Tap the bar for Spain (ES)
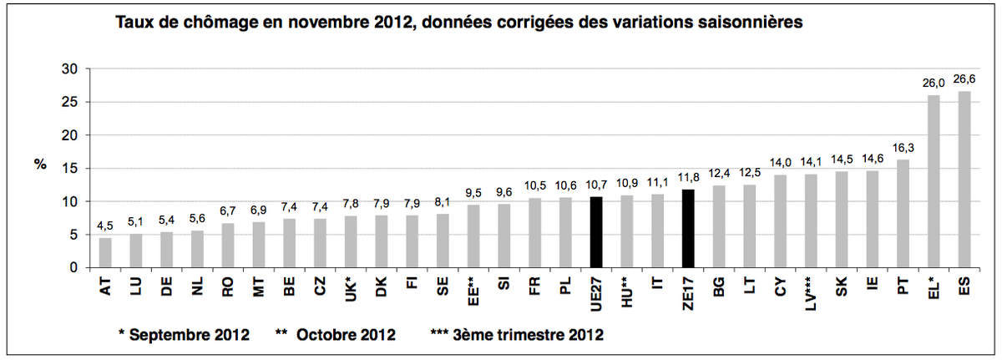(964, 180)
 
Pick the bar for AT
(106, 252)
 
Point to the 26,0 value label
(934, 84)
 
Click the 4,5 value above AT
(106, 226)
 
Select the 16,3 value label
(903, 148)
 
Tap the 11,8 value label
(689, 178)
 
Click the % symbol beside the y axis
(39, 165)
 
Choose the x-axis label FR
(535, 286)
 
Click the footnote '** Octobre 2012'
(336, 335)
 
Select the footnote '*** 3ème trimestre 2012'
(517, 335)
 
